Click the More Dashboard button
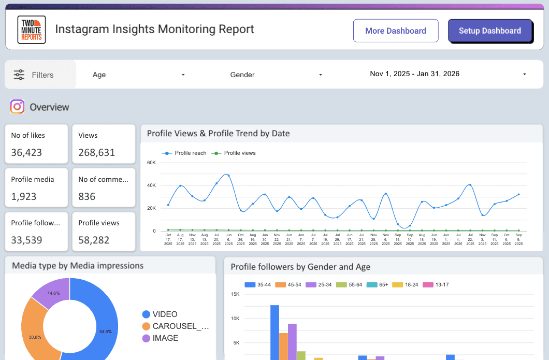click(x=396, y=31)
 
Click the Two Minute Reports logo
click(x=32, y=30)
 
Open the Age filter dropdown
click(x=138, y=75)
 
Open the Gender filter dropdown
click(x=276, y=75)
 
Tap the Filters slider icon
click(x=19, y=75)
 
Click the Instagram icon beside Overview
click(x=18, y=107)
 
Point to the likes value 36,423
click(x=27, y=152)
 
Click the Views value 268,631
click(x=97, y=152)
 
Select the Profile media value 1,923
click(x=24, y=196)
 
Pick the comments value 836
click(x=87, y=196)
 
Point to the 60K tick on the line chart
click(x=151, y=162)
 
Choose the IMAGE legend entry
click(x=165, y=338)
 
